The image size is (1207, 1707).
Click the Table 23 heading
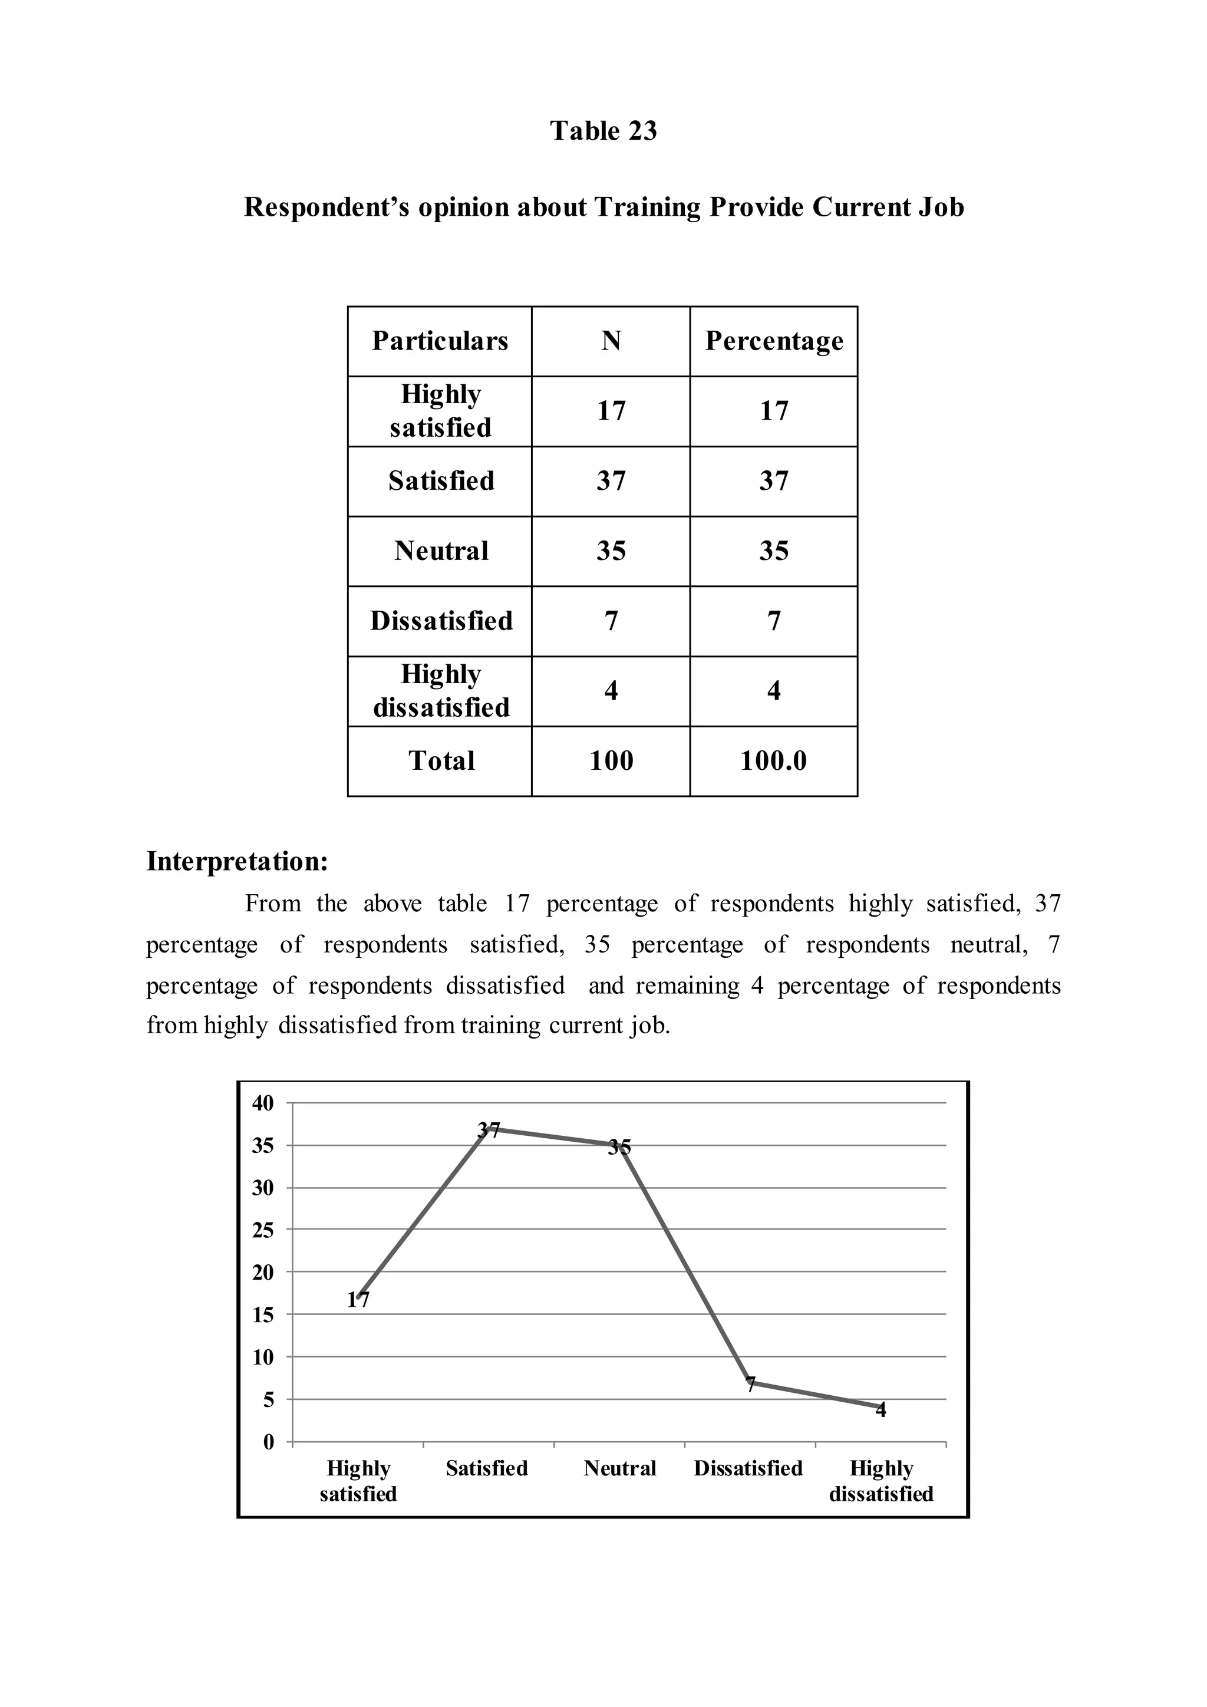(x=603, y=131)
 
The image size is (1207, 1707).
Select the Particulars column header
(x=440, y=341)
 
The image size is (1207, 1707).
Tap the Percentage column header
(x=774, y=341)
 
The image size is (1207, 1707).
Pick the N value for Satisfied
(x=611, y=481)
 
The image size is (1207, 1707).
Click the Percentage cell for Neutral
(x=774, y=551)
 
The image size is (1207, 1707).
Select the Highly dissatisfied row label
(x=441, y=691)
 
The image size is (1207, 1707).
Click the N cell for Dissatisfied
(x=611, y=621)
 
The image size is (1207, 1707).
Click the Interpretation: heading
(x=237, y=861)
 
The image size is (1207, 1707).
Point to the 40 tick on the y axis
(x=263, y=1103)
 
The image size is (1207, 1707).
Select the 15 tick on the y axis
(x=263, y=1315)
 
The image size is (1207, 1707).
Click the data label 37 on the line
(x=489, y=1130)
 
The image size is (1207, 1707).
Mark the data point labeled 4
(x=880, y=1409)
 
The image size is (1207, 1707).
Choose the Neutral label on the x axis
(x=620, y=1468)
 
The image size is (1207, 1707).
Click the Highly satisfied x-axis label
(x=358, y=1481)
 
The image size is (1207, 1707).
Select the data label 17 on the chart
(x=358, y=1300)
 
